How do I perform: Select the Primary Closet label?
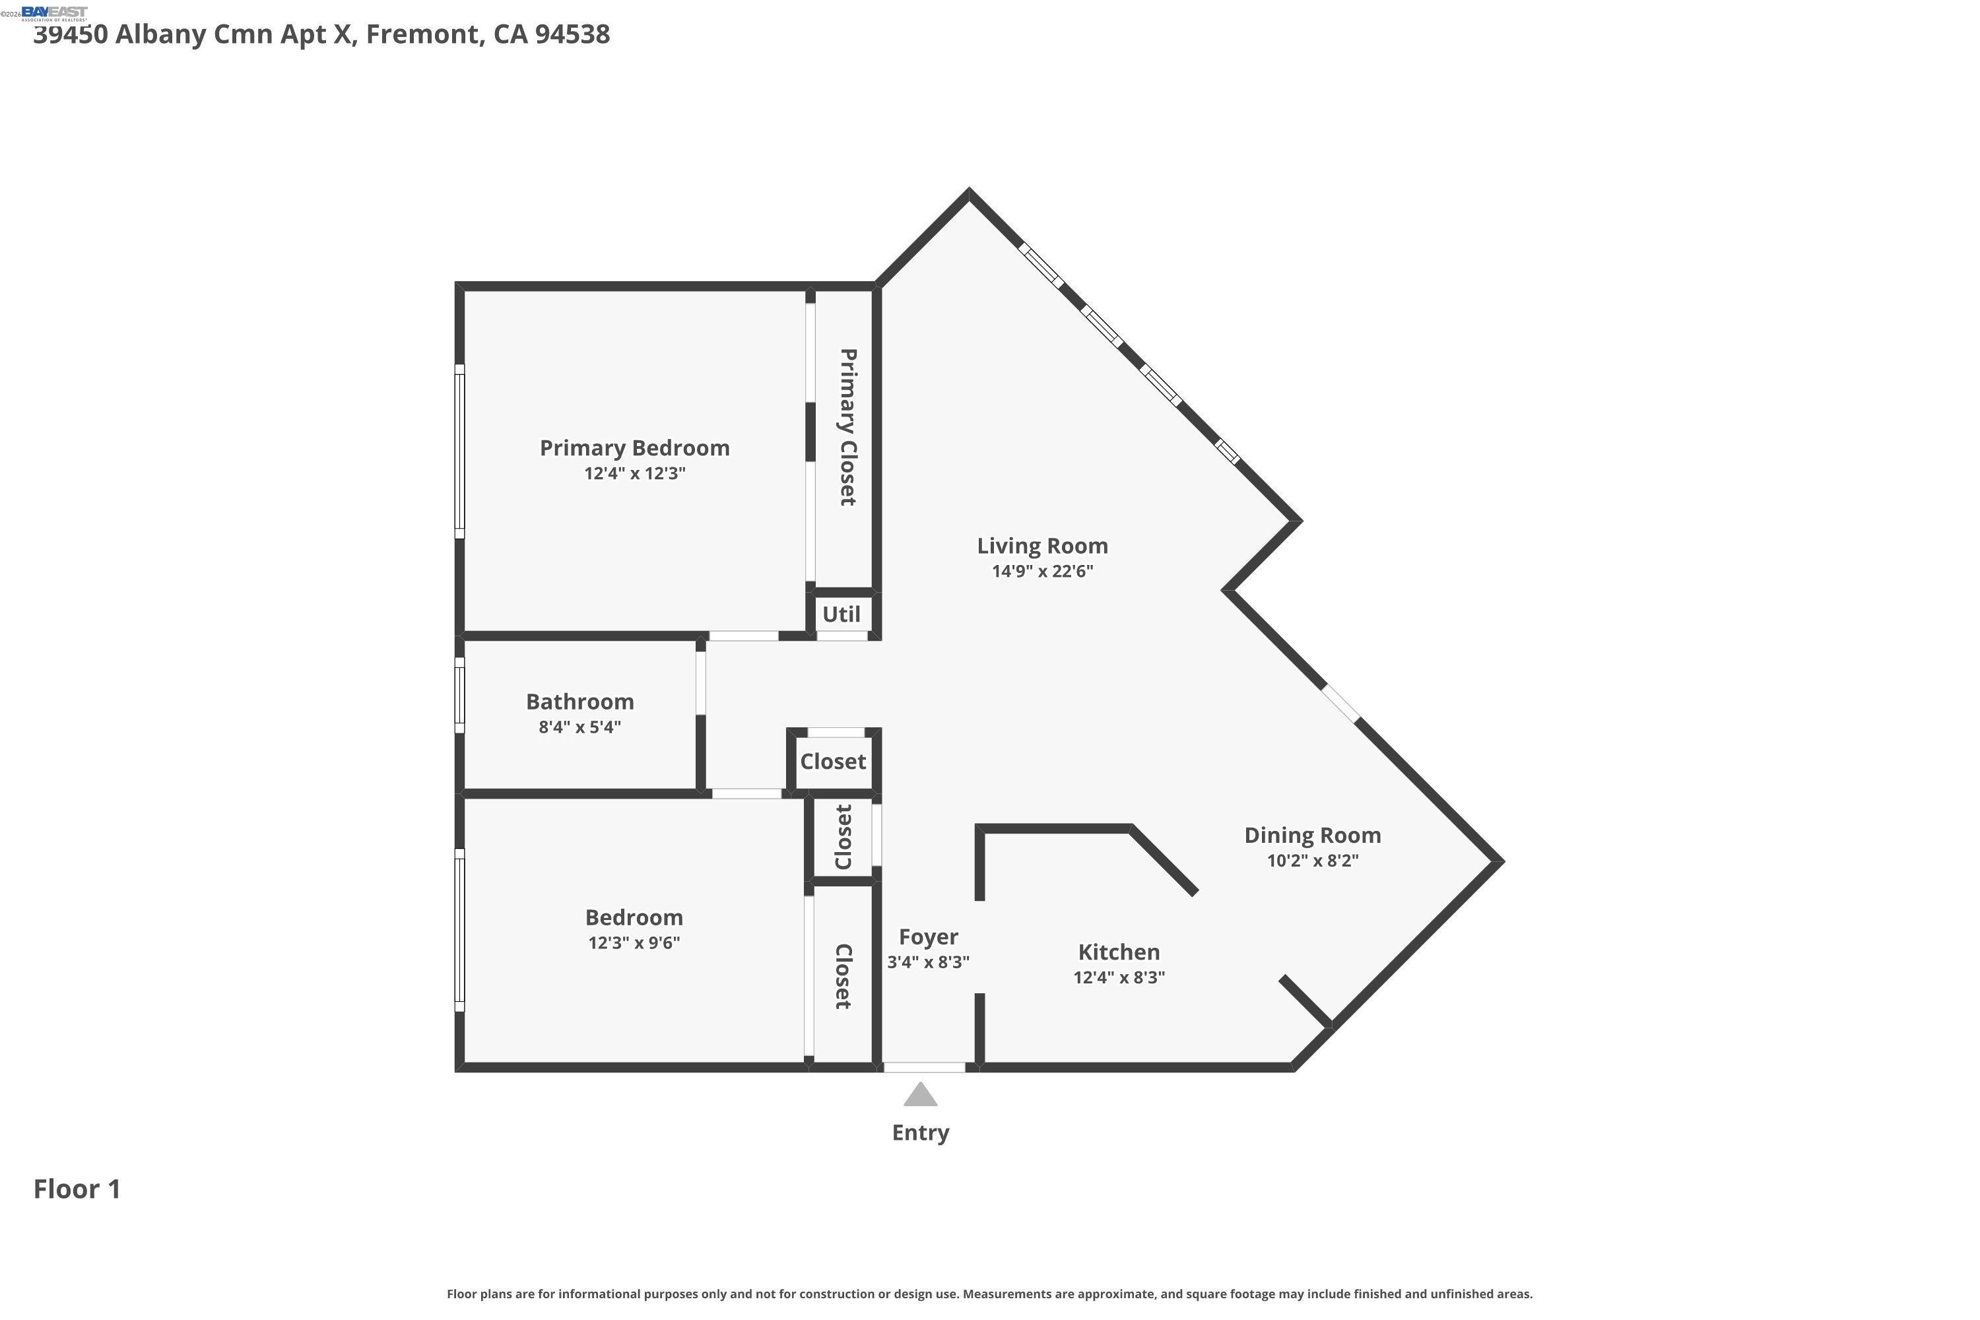click(x=847, y=427)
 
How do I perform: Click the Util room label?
click(x=841, y=614)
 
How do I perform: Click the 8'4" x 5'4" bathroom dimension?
click(x=579, y=727)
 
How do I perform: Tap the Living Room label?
click(x=1041, y=546)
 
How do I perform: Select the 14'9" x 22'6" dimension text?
click(x=1041, y=571)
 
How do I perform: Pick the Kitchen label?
click(x=1118, y=952)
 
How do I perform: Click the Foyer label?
click(x=928, y=937)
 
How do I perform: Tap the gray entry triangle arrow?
click(x=920, y=1095)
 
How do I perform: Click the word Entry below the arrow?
click(x=920, y=1133)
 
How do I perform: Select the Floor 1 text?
click(x=77, y=1189)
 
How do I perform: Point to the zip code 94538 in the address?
click(x=572, y=34)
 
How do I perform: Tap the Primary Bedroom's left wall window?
click(x=459, y=451)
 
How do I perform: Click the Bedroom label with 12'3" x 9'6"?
click(x=634, y=917)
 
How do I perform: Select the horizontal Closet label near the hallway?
click(x=832, y=761)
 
